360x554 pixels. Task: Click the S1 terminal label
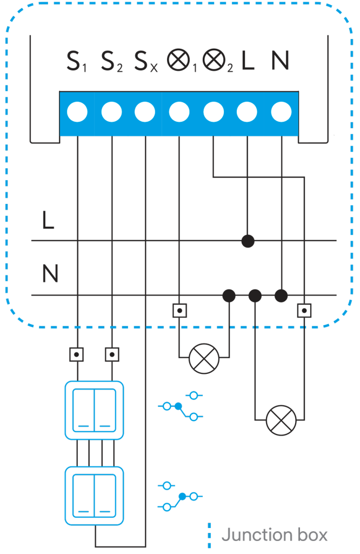[x=76, y=62]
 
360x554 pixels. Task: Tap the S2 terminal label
[x=111, y=62]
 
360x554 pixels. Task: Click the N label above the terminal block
[x=280, y=62]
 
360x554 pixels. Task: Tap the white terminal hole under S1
[x=77, y=113]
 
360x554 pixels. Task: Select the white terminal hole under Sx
[x=145, y=113]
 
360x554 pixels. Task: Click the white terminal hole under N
[x=281, y=113]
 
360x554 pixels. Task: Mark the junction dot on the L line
[x=248, y=241]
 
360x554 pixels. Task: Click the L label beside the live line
[x=48, y=221]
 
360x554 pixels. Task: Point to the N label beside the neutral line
[x=50, y=274]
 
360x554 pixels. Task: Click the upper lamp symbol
[x=204, y=358]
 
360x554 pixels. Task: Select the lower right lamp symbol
[x=282, y=420]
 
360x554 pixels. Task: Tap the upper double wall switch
[x=94, y=410]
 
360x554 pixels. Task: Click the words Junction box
[x=275, y=535]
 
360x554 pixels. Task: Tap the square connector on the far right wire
[x=305, y=311]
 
